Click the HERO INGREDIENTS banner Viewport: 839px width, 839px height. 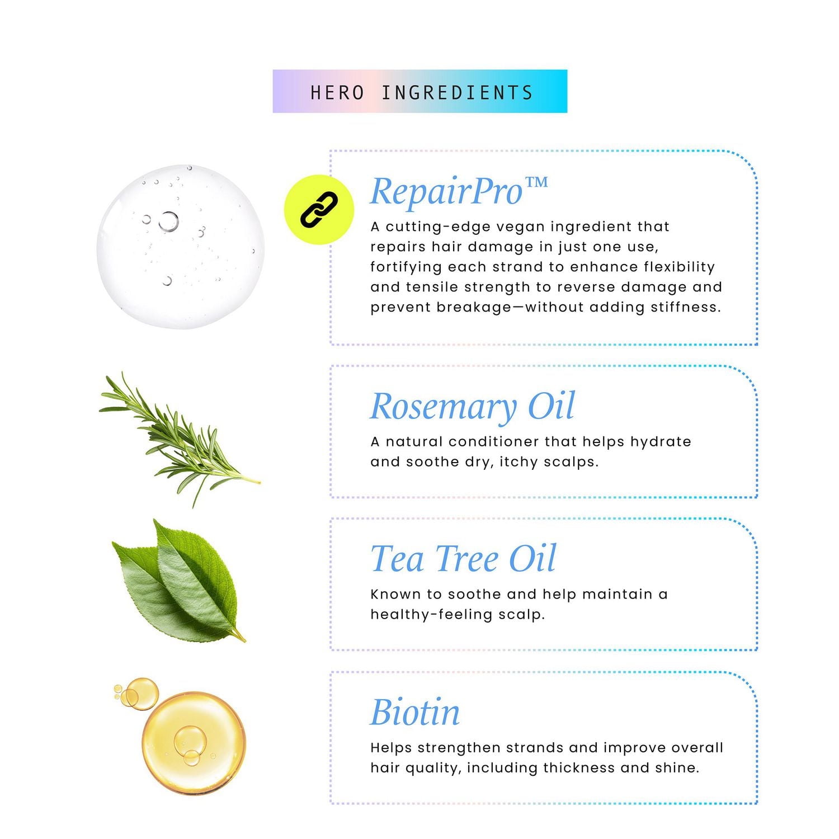pos(419,91)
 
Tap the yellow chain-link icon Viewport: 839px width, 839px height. pos(319,210)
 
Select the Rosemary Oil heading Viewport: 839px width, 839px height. pos(472,407)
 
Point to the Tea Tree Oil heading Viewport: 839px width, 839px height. pos(463,558)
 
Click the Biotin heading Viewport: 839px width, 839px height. pos(415,712)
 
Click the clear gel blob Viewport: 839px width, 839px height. pos(180,246)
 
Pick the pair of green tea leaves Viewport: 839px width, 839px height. pos(178,581)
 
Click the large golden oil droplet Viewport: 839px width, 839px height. pos(194,743)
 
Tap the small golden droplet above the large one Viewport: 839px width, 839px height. pos(142,694)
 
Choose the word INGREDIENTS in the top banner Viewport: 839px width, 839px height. pos(457,92)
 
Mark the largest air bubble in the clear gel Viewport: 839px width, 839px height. pos(168,221)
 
